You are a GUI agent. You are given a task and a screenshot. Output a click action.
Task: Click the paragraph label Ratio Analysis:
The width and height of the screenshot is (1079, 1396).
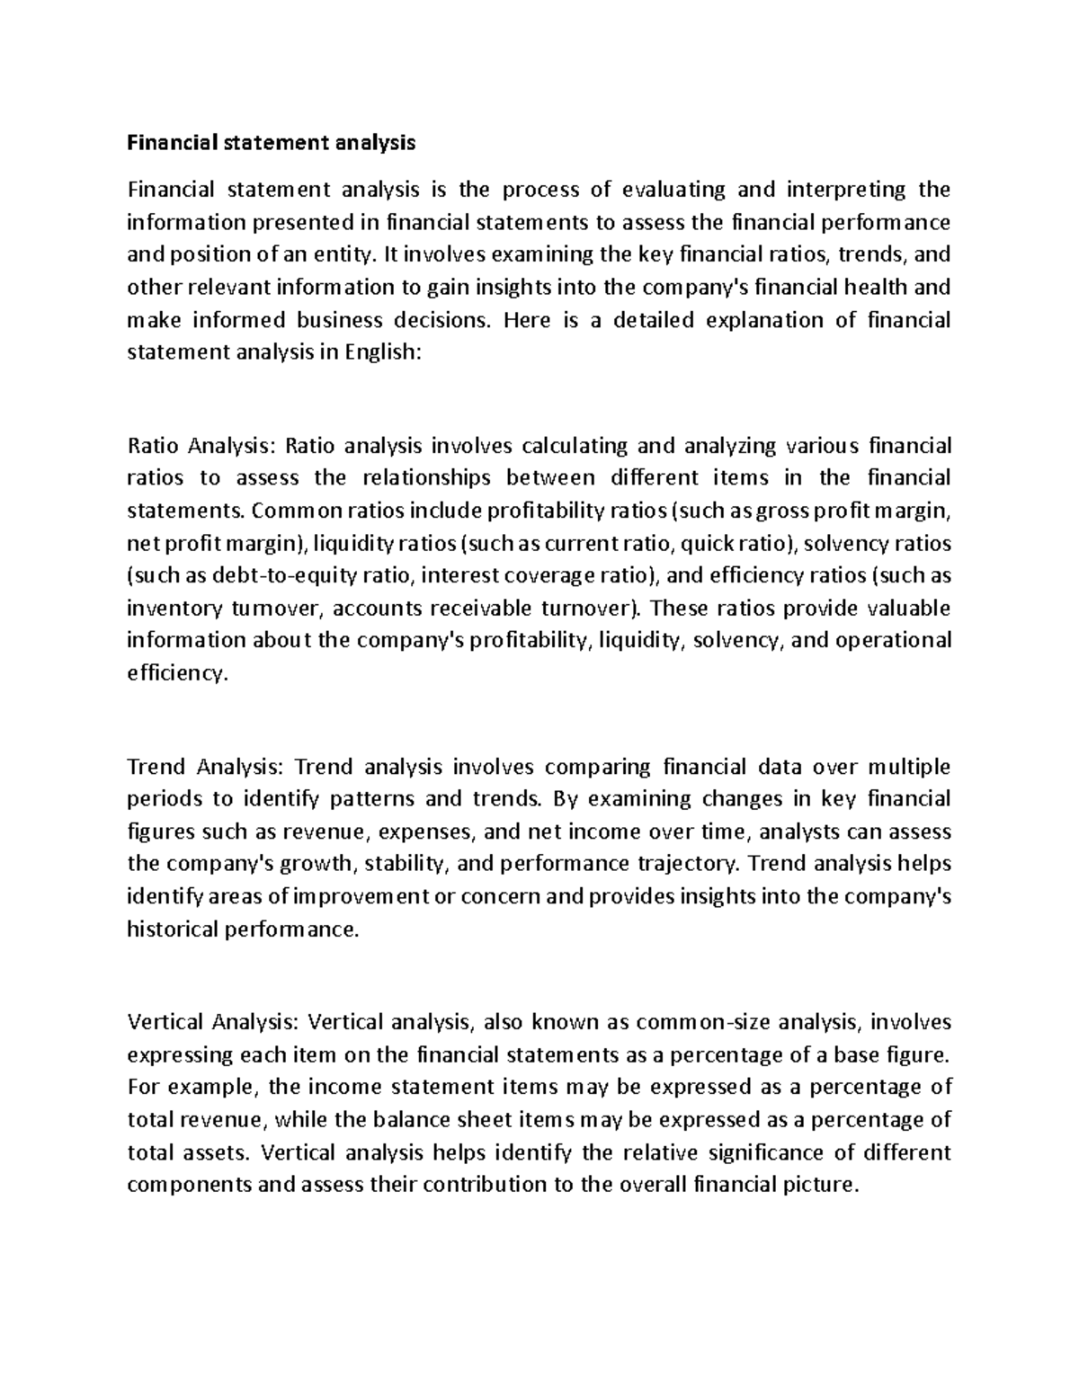(205, 446)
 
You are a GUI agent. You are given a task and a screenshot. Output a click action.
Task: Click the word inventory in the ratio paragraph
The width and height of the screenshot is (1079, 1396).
(174, 609)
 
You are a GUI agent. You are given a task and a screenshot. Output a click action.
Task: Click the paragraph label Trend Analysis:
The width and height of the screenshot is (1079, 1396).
(206, 767)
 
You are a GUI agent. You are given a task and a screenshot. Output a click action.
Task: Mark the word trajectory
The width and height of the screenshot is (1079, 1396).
(690, 864)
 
